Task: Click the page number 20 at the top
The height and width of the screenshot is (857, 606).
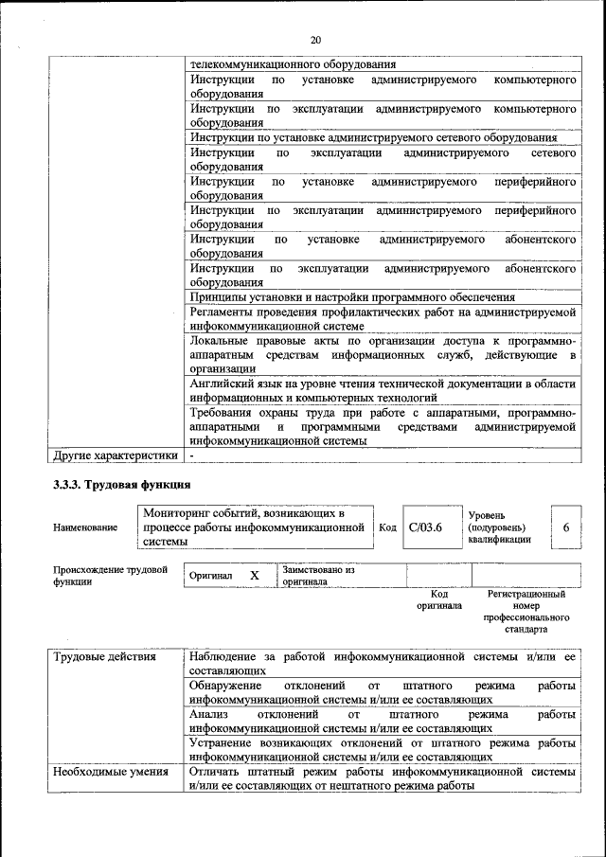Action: click(315, 39)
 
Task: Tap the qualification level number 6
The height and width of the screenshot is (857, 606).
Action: click(565, 527)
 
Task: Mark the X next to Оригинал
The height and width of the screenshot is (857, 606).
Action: click(254, 576)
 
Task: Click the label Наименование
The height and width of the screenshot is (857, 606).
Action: click(86, 527)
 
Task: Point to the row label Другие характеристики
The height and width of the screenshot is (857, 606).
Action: click(116, 455)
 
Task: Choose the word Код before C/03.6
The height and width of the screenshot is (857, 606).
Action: click(387, 527)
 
